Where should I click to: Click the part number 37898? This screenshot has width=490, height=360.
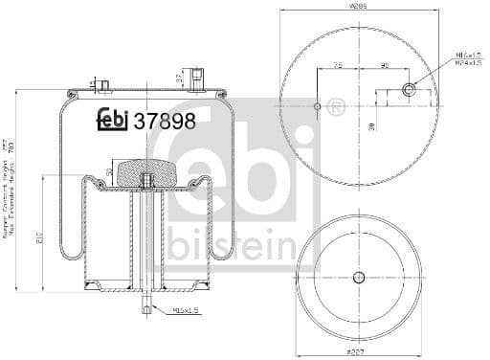[x=165, y=121]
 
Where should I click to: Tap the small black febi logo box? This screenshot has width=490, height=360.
[x=112, y=121]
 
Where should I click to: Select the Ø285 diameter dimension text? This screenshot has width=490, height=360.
[x=359, y=8]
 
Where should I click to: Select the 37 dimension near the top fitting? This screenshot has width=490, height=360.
[x=179, y=77]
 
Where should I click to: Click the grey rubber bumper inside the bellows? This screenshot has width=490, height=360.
[x=147, y=173]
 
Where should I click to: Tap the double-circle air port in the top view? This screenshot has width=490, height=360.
[x=409, y=90]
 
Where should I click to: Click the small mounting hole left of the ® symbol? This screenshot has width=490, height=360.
[x=318, y=105]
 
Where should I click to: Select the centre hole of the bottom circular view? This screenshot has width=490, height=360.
[x=359, y=278]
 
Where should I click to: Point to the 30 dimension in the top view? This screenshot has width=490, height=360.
[x=371, y=124]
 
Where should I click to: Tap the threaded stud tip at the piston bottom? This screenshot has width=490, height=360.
[x=147, y=307]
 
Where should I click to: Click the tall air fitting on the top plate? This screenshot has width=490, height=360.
[x=196, y=79]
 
